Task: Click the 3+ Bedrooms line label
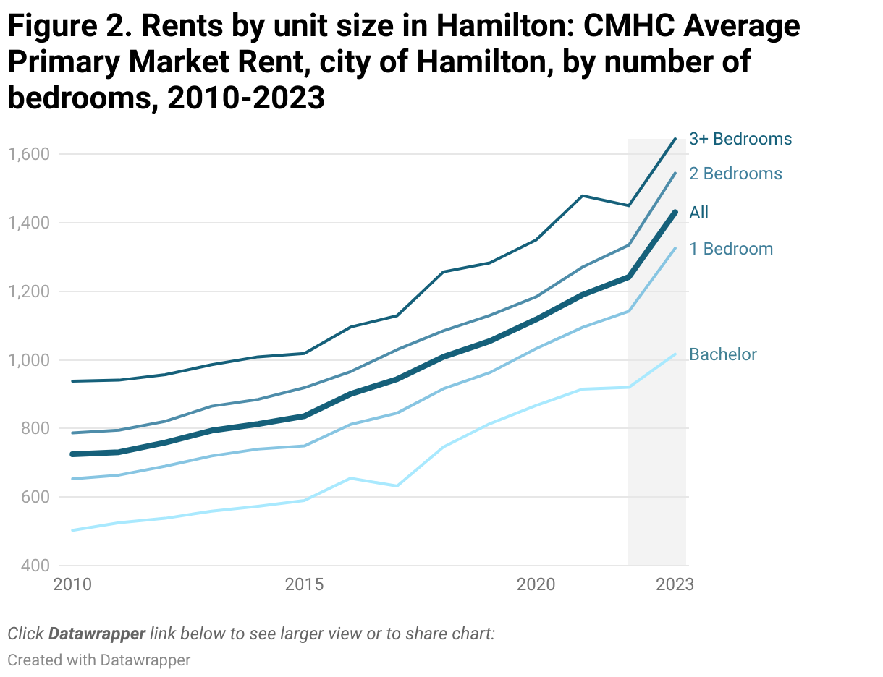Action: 740,139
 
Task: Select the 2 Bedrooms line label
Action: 735,174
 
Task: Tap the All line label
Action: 698,213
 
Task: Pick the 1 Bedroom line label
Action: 730,249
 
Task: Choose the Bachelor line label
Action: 722,354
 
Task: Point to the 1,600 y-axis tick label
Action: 28,154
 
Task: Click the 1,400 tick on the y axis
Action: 28,223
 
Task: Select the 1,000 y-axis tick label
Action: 28,360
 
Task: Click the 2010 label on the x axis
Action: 72,584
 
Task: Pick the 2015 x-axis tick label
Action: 304,584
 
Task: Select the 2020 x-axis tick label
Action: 536,584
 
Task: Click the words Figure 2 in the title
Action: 69,27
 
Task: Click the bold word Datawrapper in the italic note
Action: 97,634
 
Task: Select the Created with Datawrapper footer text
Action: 98,660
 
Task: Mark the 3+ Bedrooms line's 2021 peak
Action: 583,196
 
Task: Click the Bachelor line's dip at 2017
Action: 397,485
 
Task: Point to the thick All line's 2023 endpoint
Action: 675,212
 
